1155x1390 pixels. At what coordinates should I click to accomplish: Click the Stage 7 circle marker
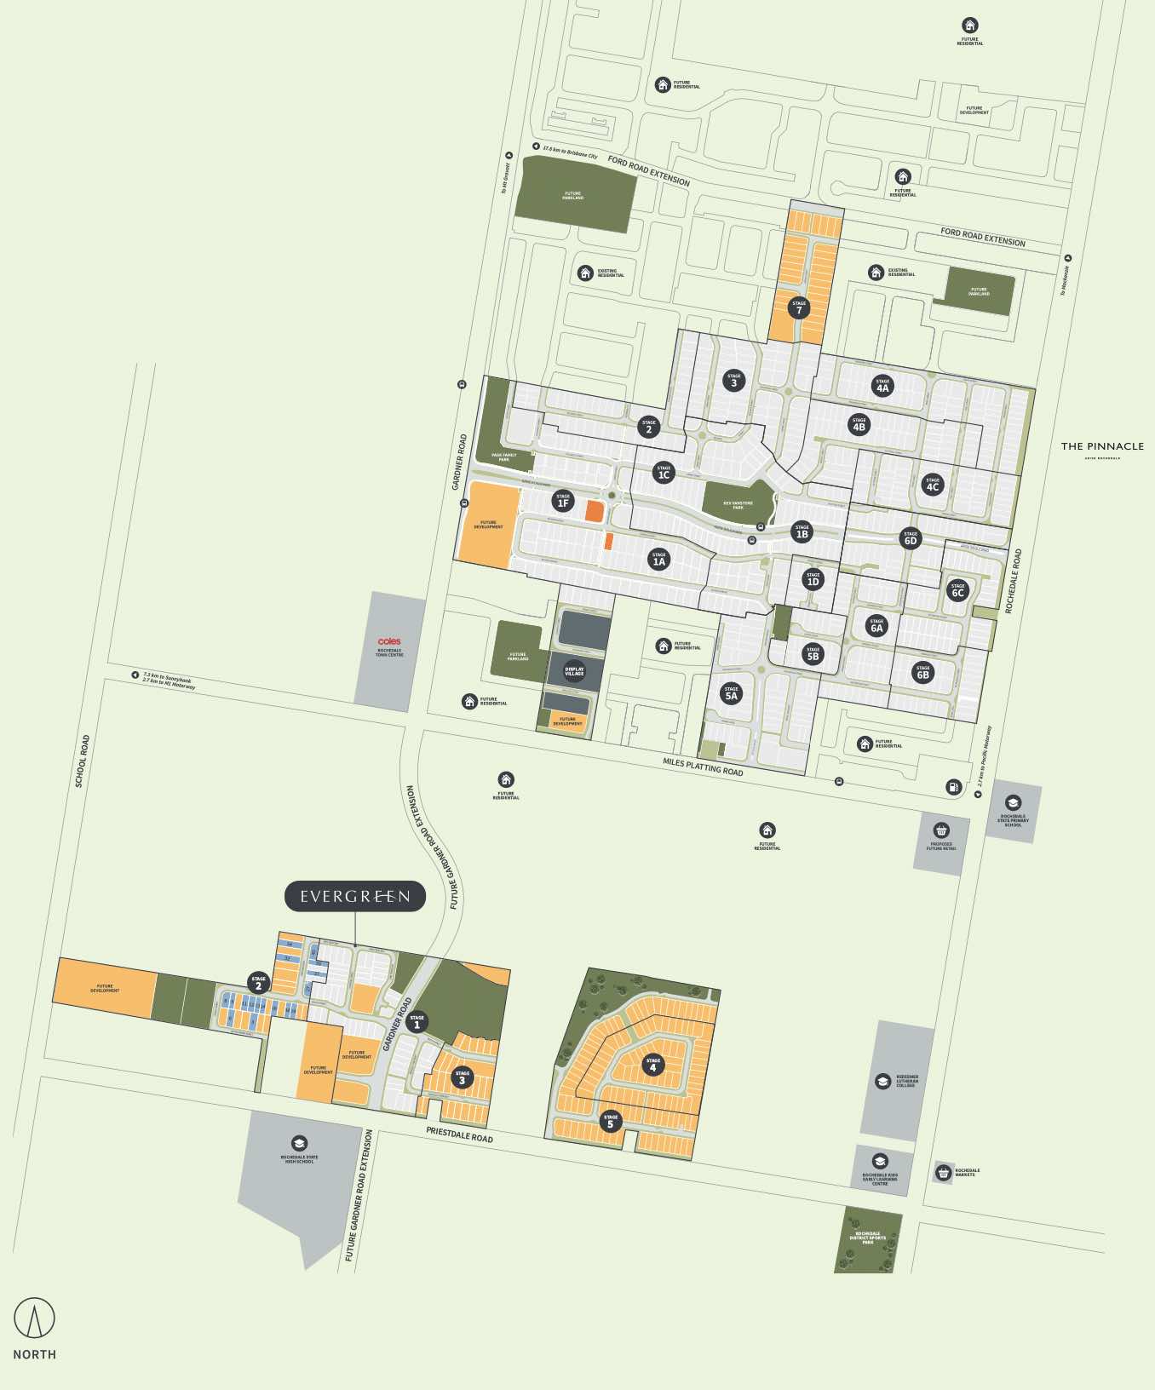point(798,307)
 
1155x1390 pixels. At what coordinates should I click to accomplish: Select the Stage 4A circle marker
point(882,385)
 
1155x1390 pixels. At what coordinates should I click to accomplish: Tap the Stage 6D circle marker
point(911,537)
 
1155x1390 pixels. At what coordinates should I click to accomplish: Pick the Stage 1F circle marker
point(562,501)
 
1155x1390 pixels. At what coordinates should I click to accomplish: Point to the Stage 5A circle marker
point(731,692)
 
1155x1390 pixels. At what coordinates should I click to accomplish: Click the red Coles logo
point(389,641)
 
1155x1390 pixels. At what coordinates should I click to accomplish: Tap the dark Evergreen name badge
point(354,896)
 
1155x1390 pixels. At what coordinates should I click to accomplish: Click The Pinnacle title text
point(1102,446)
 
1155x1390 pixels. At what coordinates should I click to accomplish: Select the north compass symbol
point(34,1318)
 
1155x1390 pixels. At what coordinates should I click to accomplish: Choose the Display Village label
point(575,671)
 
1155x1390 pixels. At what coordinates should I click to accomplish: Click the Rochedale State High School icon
point(299,1143)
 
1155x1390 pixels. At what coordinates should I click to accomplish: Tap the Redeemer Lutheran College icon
point(883,1081)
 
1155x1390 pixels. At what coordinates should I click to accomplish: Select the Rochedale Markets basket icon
point(943,1172)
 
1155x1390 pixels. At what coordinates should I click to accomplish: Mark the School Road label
point(83,761)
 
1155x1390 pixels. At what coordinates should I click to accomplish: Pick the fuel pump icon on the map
point(953,787)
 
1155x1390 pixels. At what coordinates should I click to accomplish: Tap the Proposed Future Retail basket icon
point(941,830)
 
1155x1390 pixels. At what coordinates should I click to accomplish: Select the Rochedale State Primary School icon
point(1013,802)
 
